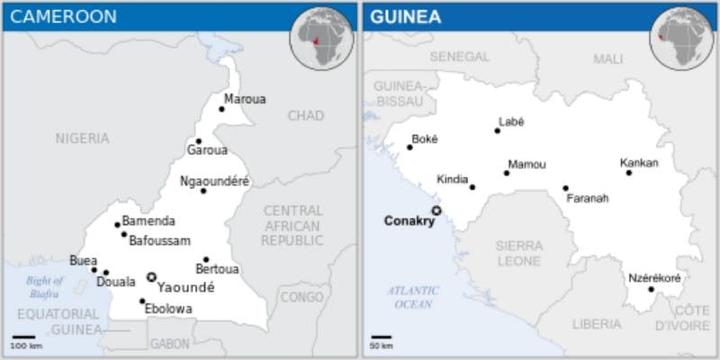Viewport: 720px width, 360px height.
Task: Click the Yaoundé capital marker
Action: (151, 277)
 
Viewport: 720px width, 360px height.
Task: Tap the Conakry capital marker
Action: (436, 211)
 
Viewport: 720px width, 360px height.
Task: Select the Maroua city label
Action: (245, 99)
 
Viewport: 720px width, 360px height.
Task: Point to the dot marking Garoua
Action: (199, 141)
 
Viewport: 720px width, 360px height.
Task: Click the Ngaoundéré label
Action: (214, 181)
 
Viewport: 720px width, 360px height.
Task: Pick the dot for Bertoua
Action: (206, 259)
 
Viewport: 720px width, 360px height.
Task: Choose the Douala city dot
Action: (106, 273)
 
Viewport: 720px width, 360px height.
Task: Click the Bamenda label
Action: (148, 221)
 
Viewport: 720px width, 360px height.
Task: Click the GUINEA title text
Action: (405, 16)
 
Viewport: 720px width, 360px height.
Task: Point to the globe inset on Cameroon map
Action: (320, 36)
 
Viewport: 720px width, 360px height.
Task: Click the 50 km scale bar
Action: (382, 338)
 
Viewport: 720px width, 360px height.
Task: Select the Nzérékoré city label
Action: (654, 278)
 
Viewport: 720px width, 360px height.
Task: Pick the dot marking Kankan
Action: (629, 173)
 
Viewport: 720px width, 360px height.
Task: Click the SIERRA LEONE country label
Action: (518, 252)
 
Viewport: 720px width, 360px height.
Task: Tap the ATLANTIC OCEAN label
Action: (413, 297)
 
